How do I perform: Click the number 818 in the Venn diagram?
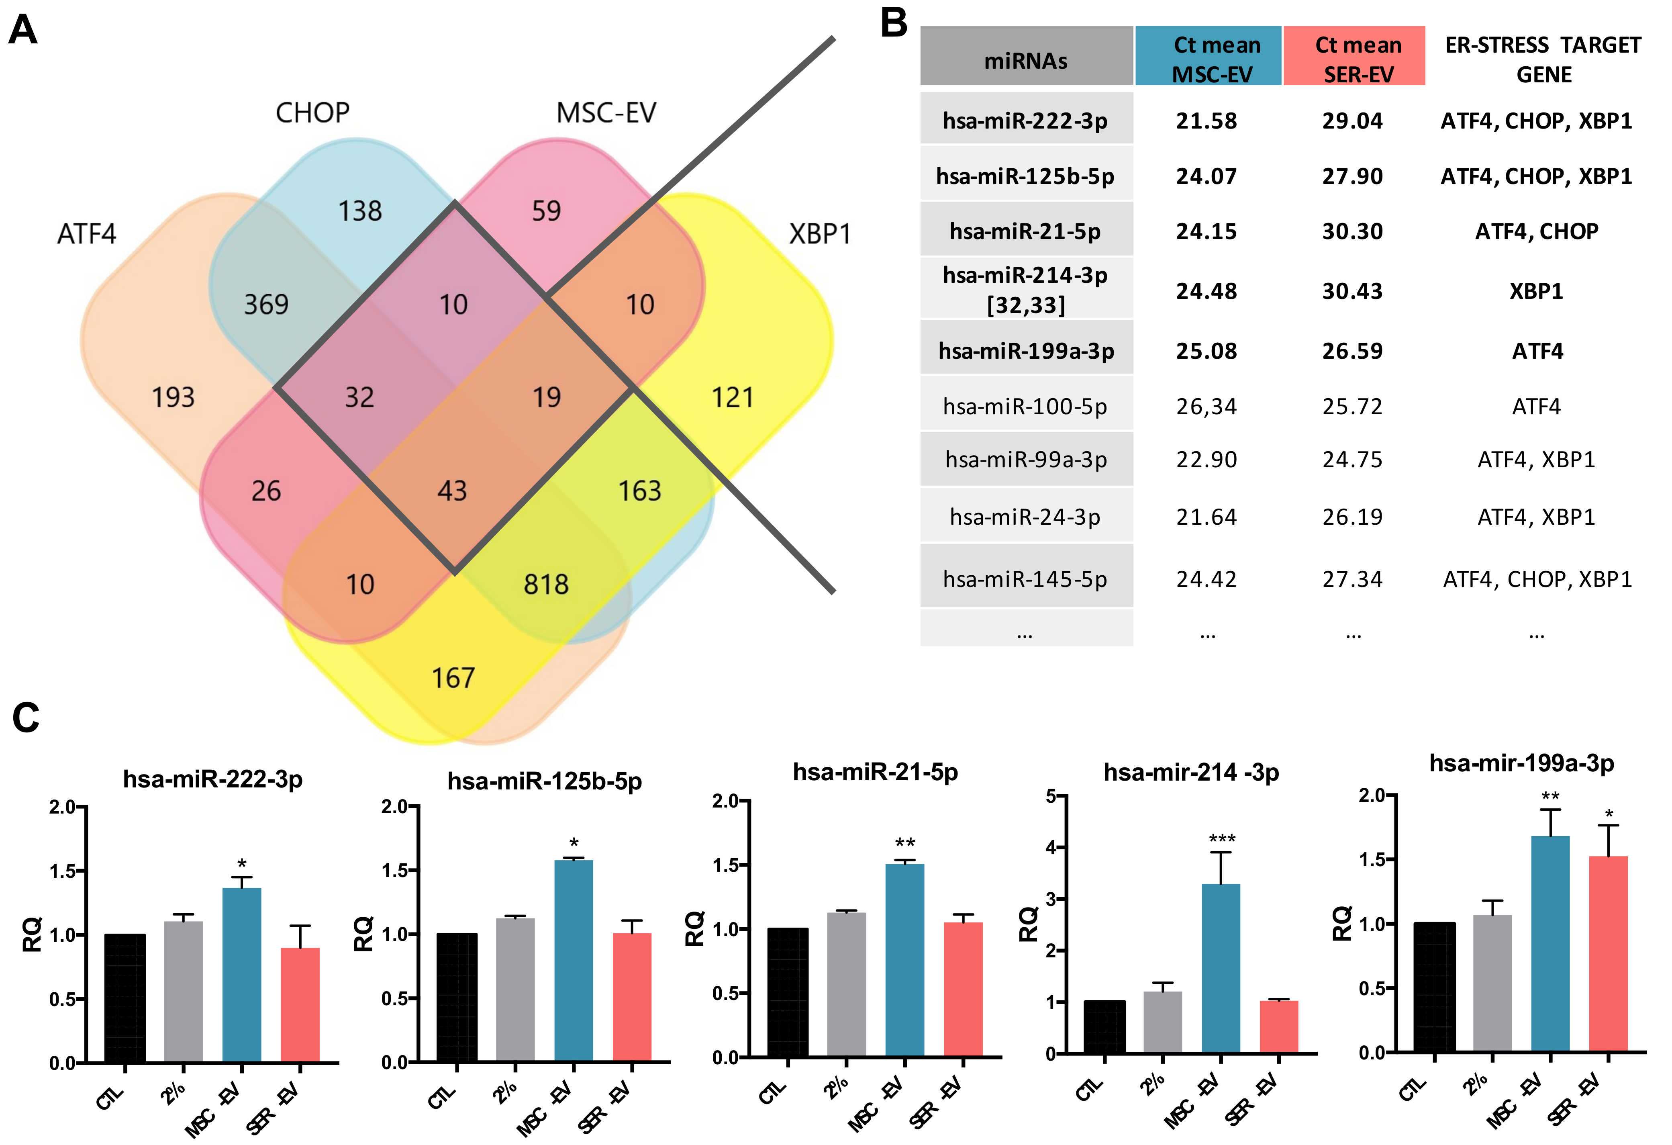tap(546, 585)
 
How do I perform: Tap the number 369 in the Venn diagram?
tap(266, 305)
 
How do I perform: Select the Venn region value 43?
tap(453, 491)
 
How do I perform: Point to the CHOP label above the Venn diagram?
tap(312, 113)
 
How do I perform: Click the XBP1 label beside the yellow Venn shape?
tap(820, 234)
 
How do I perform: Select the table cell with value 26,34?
tap(1207, 407)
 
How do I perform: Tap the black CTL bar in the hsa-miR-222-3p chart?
tap(125, 998)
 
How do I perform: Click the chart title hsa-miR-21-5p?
tap(876, 772)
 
